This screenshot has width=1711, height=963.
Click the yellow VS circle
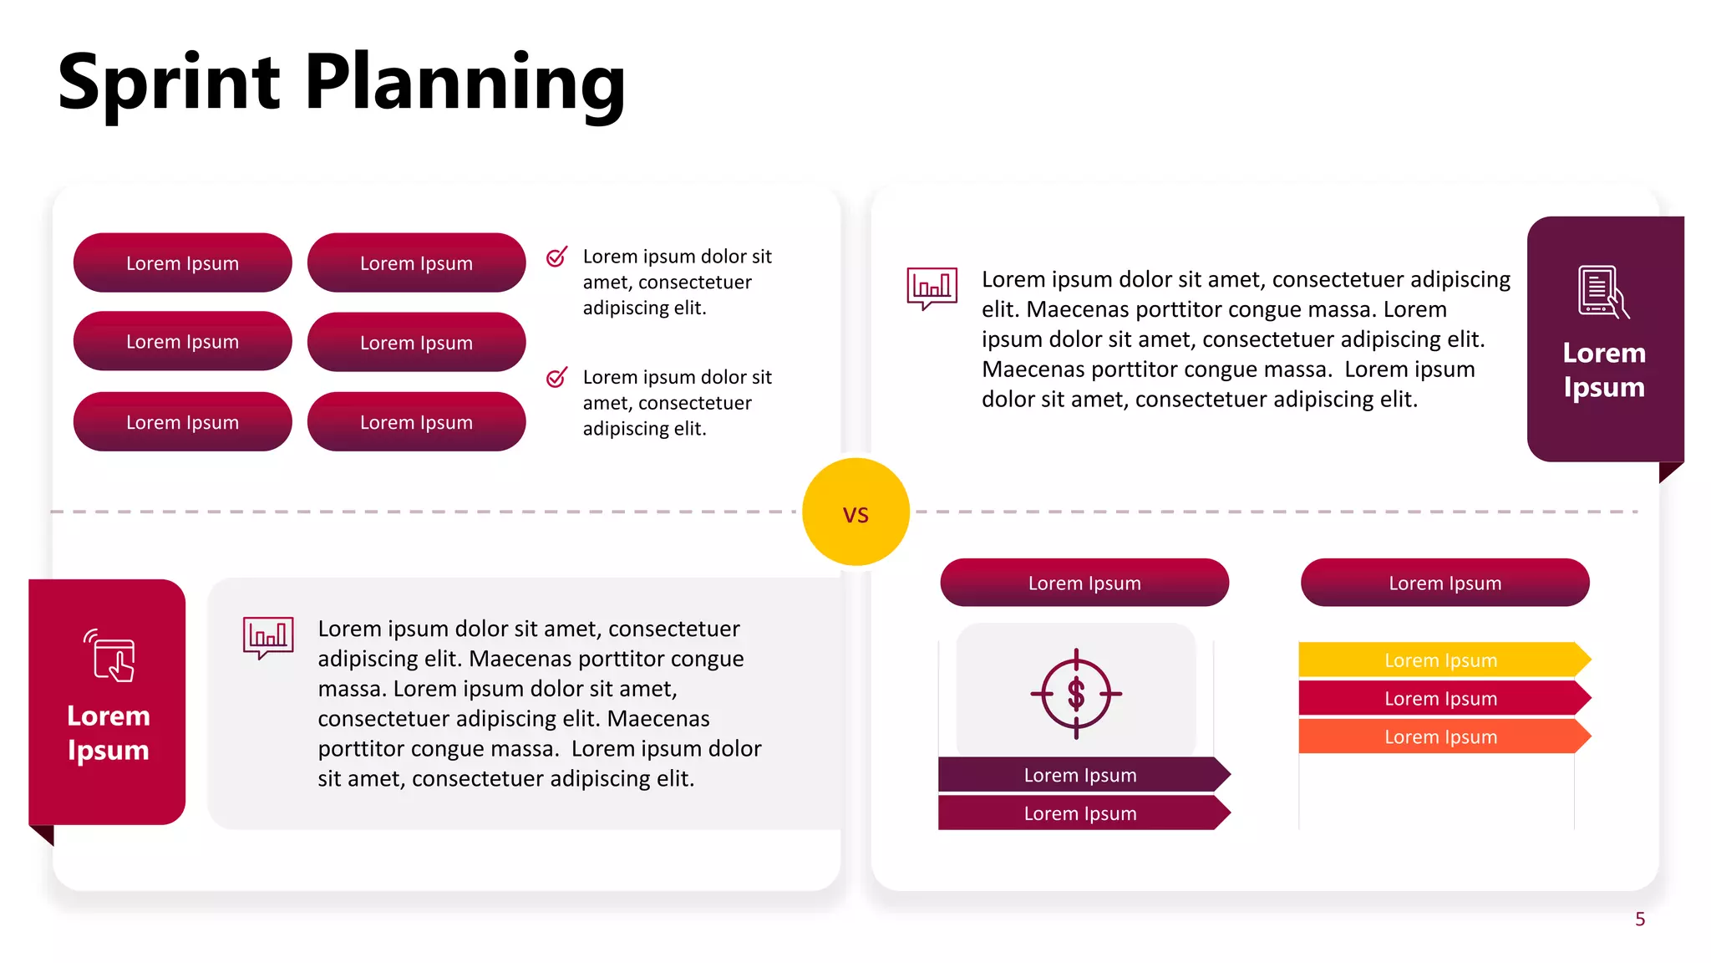[855, 512]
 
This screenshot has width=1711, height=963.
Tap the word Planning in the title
[465, 84]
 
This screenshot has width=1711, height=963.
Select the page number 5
[1640, 920]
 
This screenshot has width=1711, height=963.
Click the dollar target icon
[1076, 693]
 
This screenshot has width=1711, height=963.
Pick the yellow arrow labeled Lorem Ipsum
[1442, 660]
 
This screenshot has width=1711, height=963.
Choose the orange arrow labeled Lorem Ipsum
[1442, 736]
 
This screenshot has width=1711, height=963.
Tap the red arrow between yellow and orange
[1442, 698]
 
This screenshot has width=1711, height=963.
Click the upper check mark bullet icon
[556, 257]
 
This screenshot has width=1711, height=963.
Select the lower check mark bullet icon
[556, 378]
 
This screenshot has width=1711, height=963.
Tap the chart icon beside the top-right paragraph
[932, 288]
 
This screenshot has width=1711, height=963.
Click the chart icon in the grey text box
[267, 637]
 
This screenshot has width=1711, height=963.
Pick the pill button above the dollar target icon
[1084, 583]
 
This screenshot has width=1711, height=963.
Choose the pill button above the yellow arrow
[1444, 583]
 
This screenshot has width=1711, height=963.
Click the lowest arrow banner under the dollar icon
[1081, 813]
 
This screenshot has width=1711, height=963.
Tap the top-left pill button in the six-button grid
[183, 262]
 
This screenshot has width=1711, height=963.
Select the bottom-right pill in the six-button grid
[416, 422]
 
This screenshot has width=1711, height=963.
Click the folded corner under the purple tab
[1668, 471]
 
